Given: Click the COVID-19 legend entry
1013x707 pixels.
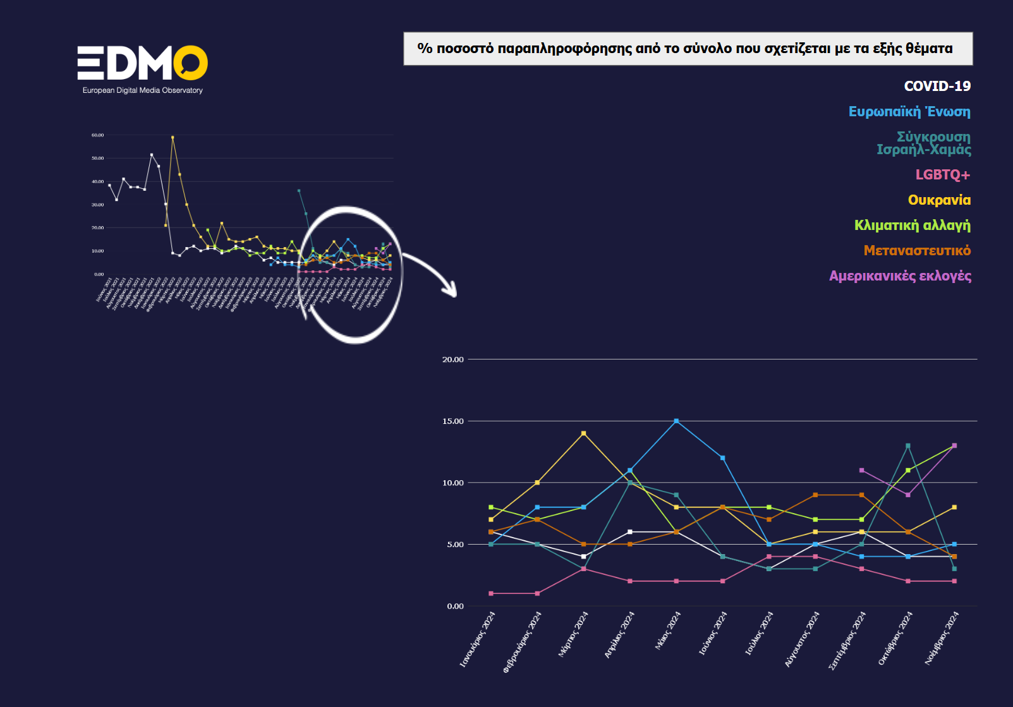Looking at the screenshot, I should coord(937,86).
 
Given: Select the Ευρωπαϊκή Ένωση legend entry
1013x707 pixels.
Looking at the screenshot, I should coord(909,112).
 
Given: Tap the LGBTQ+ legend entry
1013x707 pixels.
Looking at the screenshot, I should coord(942,175).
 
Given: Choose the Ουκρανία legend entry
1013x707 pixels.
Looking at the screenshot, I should coord(939,200).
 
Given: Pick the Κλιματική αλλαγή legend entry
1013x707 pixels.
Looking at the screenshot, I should coord(912,226).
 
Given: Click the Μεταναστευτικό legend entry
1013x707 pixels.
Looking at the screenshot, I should coord(917,251).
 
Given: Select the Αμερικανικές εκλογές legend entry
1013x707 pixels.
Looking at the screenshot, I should coord(900,276).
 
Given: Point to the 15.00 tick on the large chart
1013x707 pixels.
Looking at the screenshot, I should coord(452,421).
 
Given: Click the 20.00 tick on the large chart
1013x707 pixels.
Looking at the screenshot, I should coord(452,360).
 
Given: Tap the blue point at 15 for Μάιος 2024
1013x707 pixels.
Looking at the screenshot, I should coord(676,421).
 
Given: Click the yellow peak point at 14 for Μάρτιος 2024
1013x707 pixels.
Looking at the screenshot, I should coord(583,433).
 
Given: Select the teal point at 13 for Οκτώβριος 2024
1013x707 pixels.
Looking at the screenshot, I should coord(908,445).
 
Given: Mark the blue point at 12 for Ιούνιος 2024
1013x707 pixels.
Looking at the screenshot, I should coord(722,458).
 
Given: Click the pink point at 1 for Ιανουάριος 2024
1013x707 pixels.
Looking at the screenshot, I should coord(491,594).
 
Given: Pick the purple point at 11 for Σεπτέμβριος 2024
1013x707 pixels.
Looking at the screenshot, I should coord(861,470).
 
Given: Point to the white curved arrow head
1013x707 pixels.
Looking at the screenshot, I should coord(450,291).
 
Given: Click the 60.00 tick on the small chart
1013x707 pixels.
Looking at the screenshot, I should coord(97,135).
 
